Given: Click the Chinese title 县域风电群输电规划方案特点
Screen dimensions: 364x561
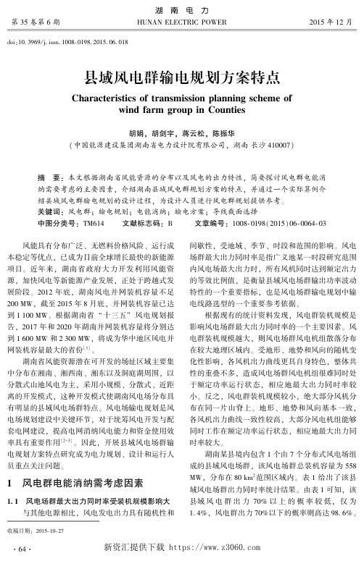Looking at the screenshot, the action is point(181,75).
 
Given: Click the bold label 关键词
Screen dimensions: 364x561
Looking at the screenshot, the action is point(50,192).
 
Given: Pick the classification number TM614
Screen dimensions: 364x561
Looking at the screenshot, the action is point(94,203).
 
